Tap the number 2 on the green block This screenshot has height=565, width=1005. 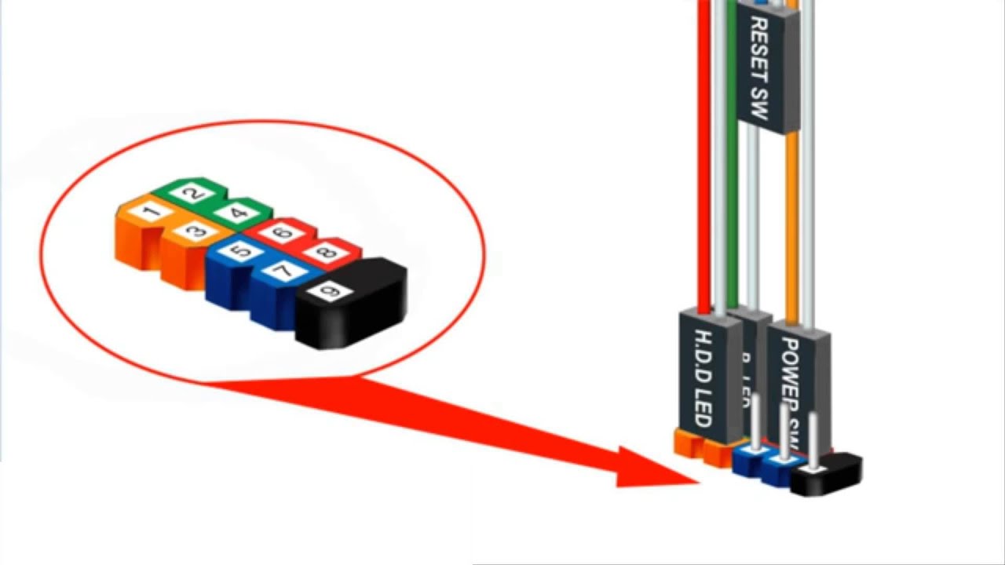(196, 193)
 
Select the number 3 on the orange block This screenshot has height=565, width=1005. (196, 231)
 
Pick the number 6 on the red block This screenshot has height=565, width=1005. (283, 233)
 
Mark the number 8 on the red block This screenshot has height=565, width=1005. (326, 253)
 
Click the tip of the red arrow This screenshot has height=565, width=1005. (696, 480)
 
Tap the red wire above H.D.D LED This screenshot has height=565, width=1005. (703, 157)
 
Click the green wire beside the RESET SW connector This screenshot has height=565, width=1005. (733, 196)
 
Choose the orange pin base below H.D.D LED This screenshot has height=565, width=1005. (688, 443)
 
